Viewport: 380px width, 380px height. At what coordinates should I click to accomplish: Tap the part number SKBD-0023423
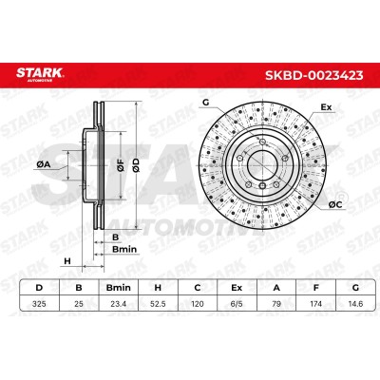coord(313,75)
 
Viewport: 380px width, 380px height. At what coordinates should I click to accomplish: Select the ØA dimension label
coord(44,164)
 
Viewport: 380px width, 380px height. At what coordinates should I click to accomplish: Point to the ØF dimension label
coord(121,165)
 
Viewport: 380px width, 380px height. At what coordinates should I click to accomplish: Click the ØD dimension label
coord(136,165)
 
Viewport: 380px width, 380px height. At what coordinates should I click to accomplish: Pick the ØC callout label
coord(335,205)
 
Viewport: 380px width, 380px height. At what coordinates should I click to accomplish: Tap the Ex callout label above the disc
coord(326,107)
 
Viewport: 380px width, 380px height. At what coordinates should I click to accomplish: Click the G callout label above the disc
coord(206,103)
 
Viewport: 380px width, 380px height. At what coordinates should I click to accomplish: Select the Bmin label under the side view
coord(124,249)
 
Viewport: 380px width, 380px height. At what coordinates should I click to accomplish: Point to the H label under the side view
coord(67,261)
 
